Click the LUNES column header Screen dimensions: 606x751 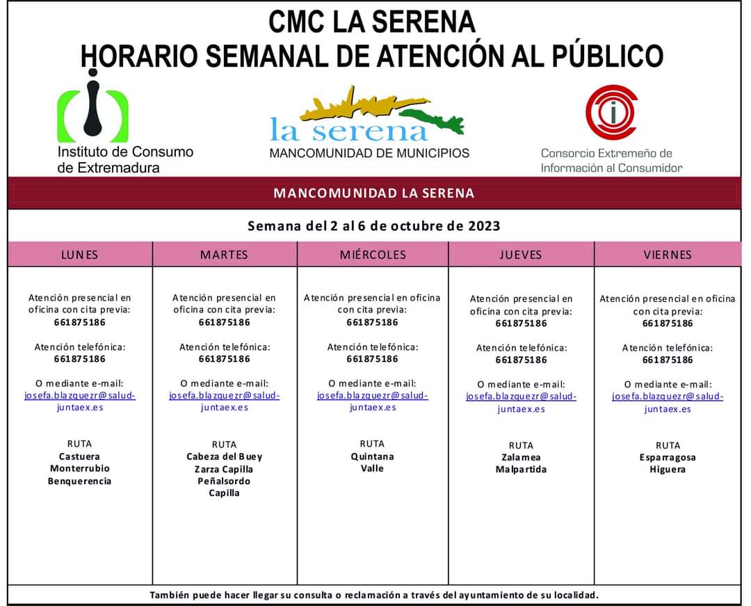tap(79, 255)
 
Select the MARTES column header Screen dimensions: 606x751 tap(224, 255)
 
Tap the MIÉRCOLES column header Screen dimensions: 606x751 tap(373, 255)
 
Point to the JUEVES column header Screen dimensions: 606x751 tap(520, 255)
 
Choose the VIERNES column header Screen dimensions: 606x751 tap(668, 255)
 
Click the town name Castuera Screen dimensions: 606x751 tap(79, 456)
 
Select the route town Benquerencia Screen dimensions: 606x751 tap(79, 481)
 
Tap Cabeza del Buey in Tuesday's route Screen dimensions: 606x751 tap(224, 456)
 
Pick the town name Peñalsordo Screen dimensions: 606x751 tap(224, 481)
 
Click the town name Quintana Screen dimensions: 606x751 tap(373, 456)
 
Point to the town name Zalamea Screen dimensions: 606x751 tap(521, 457)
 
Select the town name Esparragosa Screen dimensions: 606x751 tap(668, 457)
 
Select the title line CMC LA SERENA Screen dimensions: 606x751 tap(372, 22)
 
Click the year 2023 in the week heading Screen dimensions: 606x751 tap(484, 226)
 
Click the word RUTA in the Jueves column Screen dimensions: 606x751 tap(521, 445)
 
